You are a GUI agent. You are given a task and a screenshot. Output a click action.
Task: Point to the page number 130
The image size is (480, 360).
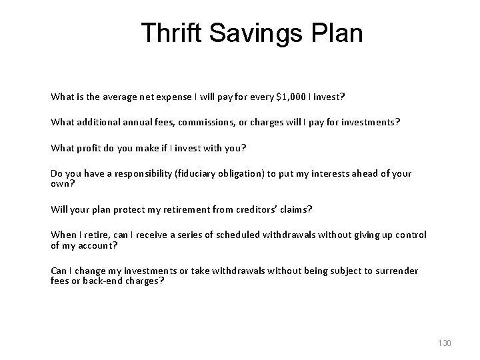point(444,343)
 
